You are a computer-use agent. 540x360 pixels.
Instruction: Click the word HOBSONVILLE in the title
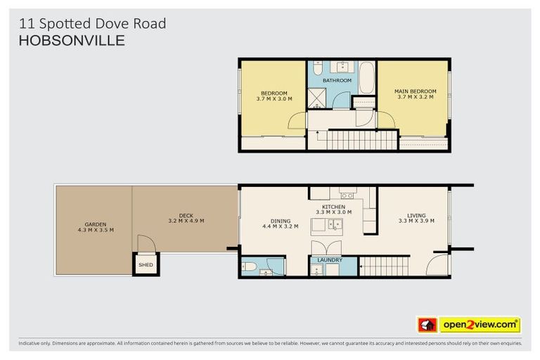(72, 41)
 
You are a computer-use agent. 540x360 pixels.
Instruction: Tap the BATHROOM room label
(337, 80)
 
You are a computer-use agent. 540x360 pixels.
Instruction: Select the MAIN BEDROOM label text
(415, 91)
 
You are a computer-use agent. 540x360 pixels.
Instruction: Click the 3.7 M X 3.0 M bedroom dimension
(274, 99)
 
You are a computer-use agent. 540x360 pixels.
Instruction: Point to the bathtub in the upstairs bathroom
(367, 78)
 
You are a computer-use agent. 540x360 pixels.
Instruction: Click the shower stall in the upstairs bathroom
(317, 98)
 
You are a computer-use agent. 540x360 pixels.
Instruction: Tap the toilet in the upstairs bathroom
(317, 69)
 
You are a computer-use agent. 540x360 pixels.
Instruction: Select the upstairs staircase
(362, 140)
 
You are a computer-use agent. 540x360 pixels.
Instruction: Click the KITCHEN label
(329, 207)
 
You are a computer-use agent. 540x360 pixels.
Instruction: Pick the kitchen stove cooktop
(347, 194)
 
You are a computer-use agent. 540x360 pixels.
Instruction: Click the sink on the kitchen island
(336, 226)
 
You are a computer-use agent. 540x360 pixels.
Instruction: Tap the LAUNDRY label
(330, 260)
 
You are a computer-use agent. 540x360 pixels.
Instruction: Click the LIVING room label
(416, 215)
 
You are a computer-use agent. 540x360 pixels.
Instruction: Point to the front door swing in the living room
(438, 265)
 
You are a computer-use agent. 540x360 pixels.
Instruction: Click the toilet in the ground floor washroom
(247, 266)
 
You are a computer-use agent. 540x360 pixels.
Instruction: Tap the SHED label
(146, 265)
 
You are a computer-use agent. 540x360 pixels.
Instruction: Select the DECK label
(186, 215)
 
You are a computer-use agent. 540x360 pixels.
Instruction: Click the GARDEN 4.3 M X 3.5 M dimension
(96, 230)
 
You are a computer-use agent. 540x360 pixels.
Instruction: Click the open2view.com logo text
(479, 325)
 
